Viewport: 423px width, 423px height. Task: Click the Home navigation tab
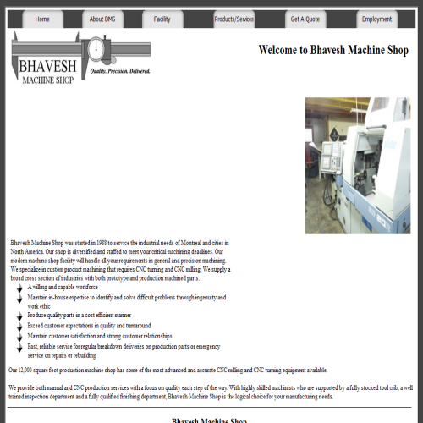tap(42, 19)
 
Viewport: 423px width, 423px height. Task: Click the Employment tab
tap(376, 19)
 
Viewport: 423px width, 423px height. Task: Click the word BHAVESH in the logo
tap(47, 63)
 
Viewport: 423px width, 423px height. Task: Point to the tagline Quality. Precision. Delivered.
tap(120, 71)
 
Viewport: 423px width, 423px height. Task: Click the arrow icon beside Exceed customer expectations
tap(19, 326)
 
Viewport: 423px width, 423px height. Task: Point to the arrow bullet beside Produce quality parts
tap(19, 316)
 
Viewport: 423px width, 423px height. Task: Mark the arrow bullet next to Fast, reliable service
tap(19, 347)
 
